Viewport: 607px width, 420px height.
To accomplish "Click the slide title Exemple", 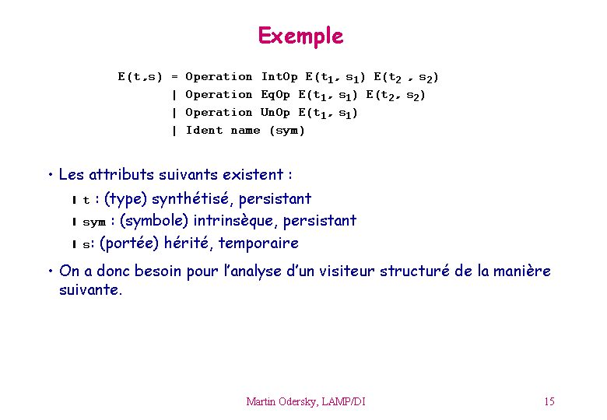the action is tap(301, 36).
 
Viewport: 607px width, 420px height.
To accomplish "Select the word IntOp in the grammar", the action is tap(279, 76).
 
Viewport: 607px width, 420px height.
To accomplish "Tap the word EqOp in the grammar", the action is tap(275, 95).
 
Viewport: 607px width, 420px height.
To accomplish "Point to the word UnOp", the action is tap(275, 113).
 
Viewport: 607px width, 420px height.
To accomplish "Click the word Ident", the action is tap(204, 130).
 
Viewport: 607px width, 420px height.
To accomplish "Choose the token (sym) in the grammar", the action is tap(287, 131).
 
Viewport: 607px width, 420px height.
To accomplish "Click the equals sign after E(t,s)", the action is tap(174, 77).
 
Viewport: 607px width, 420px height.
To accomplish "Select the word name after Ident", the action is tap(245, 131).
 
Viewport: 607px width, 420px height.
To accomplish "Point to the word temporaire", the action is tap(258, 243).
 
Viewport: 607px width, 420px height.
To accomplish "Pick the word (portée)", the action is tap(129, 243).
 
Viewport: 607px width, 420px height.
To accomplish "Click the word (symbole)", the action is tap(154, 221).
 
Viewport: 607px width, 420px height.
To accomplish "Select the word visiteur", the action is tap(347, 271).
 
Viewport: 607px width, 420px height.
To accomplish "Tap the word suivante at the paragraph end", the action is tap(90, 289).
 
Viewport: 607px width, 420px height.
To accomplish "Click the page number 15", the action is tap(549, 401).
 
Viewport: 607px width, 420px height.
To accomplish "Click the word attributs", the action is tap(121, 174).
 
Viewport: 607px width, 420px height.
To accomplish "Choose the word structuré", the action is tap(415, 271).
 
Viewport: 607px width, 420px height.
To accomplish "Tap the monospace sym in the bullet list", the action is tap(94, 222).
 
